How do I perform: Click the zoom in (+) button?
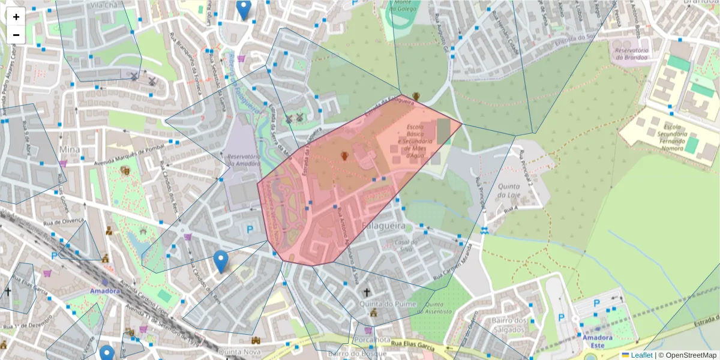point(16,17)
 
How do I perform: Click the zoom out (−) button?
point(16,35)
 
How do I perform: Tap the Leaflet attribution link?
point(641,355)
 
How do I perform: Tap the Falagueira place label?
point(384,226)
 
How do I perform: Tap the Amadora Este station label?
point(597,341)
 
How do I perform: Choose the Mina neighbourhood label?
point(70,148)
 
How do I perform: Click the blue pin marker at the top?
point(243,10)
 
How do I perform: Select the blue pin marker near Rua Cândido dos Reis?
point(221,261)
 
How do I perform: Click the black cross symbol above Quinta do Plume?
point(367,292)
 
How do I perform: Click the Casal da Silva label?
point(406,245)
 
